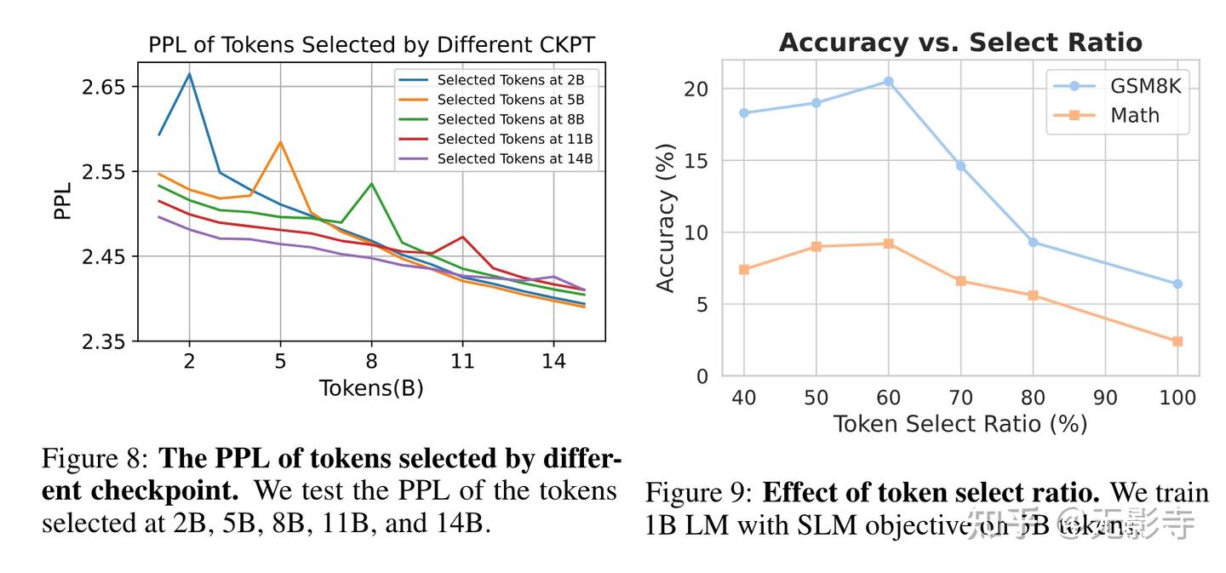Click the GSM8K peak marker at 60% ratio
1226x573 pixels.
pos(888,82)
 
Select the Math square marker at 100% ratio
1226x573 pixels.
pos(1177,341)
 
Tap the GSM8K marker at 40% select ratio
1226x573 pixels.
pos(744,112)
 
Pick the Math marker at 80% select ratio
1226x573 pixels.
pos(1033,295)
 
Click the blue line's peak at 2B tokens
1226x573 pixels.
pos(189,73)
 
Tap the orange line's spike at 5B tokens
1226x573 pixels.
pos(280,142)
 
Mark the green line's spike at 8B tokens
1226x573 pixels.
pos(371,183)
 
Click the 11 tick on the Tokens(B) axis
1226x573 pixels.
pos(462,360)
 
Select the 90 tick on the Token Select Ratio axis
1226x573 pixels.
pos(1105,398)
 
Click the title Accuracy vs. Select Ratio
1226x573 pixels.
pos(960,43)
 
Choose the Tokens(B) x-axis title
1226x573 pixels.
pos(371,388)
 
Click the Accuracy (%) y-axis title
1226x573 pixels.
pos(666,218)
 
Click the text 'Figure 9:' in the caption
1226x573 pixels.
pos(699,493)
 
